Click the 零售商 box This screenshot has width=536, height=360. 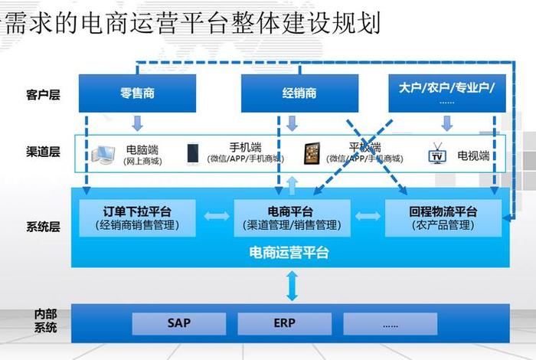[x=137, y=93]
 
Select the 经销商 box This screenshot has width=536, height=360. [x=299, y=93]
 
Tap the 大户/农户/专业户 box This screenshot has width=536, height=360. [x=446, y=93]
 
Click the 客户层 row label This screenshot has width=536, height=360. [x=43, y=95]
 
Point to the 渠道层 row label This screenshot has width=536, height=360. [x=43, y=152]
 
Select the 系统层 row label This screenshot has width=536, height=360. [x=43, y=227]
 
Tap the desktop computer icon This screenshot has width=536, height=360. [x=105, y=155]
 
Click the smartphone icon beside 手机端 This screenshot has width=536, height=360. [x=193, y=153]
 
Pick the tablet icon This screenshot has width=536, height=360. [x=312, y=152]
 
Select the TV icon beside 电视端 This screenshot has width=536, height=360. [x=437, y=153]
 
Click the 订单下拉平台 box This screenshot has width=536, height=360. [x=137, y=218]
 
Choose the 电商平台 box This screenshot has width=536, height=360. [x=291, y=218]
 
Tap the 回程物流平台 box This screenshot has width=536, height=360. [x=443, y=218]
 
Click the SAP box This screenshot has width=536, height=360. [x=178, y=323]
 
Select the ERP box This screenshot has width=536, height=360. [x=284, y=323]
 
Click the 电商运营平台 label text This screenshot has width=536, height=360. [x=289, y=252]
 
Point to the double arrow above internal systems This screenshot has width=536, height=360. [x=292, y=286]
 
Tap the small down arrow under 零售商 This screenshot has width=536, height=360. [x=137, y=123]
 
